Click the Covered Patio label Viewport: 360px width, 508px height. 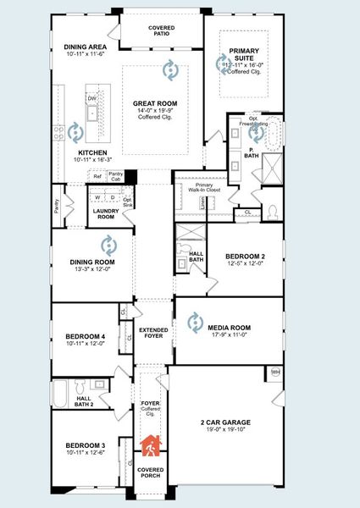162,31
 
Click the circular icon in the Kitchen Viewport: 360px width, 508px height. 75,131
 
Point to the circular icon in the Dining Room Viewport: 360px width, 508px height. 108,246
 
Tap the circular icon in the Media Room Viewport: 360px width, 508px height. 195,320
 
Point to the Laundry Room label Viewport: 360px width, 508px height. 103,213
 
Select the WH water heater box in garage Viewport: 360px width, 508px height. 275,372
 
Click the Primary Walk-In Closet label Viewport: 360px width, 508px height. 204,188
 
